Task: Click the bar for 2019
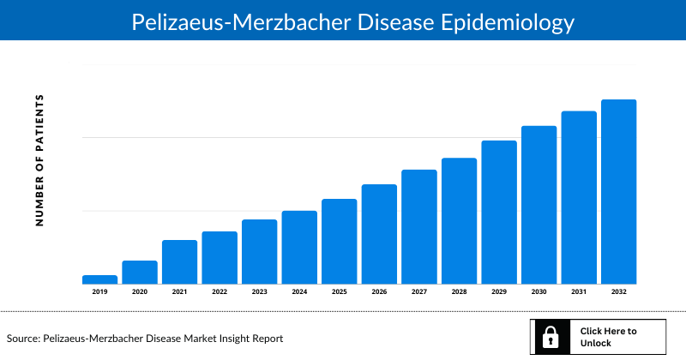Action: coord(99,279)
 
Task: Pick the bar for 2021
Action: coord(179,262)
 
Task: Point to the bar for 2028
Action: coord(459,221)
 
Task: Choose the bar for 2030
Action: coord(539,205)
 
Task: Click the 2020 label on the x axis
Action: coord(140,292)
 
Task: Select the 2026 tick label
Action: coord(379,292)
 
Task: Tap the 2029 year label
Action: coord(499,292)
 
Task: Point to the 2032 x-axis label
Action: coord(618,292)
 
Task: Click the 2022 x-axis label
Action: coord(220,292)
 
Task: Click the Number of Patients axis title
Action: coord(39,161)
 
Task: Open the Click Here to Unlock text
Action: coord(608,337)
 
